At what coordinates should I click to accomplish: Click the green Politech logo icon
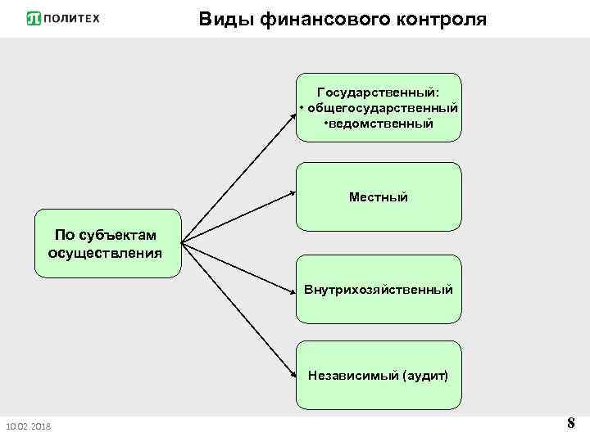click(x=34, y=18)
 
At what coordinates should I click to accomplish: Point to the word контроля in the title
click(x=441, y=19)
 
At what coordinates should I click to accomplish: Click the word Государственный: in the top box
click(x=378, y=92)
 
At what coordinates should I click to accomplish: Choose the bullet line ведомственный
click(x=379, y=124)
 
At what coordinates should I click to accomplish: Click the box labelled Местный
click(x=378, y=196)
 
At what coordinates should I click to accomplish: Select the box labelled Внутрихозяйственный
click(x=378, y=289)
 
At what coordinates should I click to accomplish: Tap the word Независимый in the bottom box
click(x=352, y=375)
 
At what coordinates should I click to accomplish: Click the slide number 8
click(x=570, y=423)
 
